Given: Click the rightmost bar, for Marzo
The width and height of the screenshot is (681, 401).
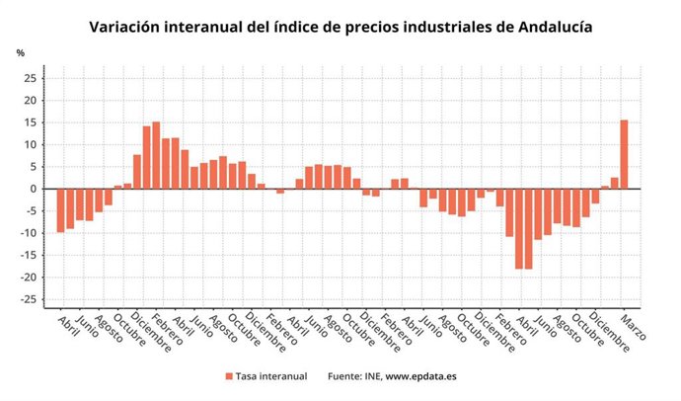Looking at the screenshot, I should coord(624,154).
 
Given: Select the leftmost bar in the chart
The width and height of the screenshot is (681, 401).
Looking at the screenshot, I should coord(60,210).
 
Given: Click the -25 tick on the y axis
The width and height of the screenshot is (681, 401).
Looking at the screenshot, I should coord(30,299).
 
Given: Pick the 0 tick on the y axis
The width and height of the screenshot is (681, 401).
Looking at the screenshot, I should coord(35,189).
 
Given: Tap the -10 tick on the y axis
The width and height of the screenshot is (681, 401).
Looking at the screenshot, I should coord(30,233).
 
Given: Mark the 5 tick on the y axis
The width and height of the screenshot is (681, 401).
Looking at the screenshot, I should coord(35,167).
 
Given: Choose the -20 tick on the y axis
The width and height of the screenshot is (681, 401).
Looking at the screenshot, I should coord(30,278).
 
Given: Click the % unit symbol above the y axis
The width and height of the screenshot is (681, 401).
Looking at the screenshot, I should coord(20,52).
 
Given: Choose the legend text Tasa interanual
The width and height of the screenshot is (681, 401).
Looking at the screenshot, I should coord(272,376).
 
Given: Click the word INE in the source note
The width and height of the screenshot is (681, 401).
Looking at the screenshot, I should coord(368,376).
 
